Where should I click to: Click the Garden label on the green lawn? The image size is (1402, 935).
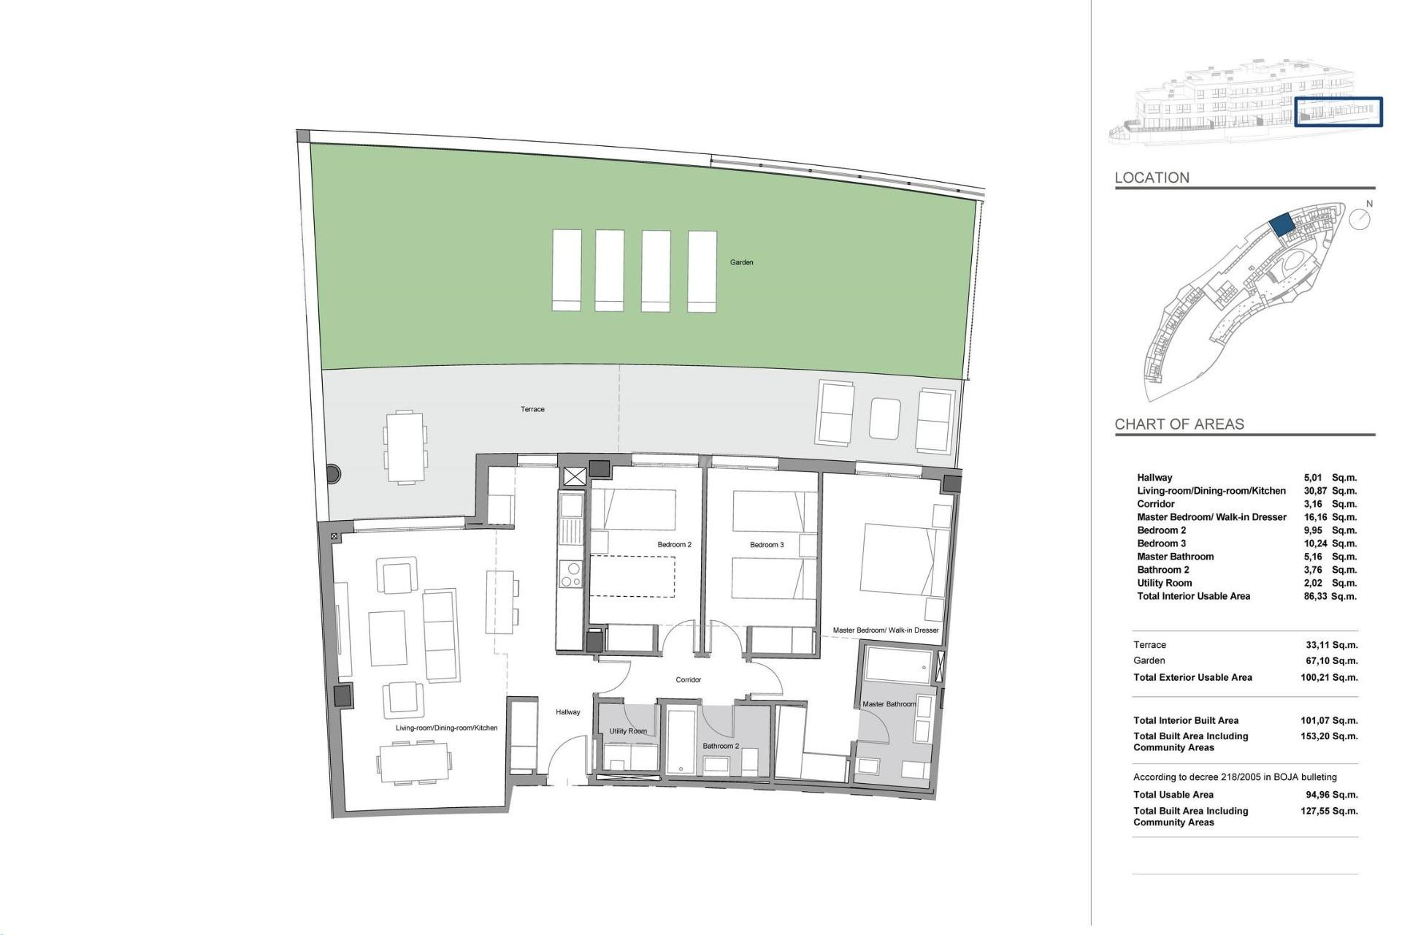click(741, 262)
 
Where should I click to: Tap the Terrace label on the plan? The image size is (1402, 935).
click(532, 409)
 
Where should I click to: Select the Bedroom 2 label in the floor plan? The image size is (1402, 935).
click(674, 544)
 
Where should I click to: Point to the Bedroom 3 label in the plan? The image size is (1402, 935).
click(767, 544)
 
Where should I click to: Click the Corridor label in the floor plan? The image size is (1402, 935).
click(688, 679)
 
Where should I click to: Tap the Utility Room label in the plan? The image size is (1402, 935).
click(628, 731)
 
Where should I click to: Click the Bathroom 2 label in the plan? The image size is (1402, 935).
click(721, 746)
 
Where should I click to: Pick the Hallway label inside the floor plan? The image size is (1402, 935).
click(567, 712)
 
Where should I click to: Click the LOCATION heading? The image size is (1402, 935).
click(1152, 178)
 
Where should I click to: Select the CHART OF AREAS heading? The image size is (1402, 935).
click(1179, 424)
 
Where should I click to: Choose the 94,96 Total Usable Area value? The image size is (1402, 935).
click(1317, 795)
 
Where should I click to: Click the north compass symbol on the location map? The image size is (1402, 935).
click(1359, 218)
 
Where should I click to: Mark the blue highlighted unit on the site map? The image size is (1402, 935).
click(1281, 224)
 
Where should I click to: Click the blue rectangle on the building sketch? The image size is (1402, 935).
click(1338, 112)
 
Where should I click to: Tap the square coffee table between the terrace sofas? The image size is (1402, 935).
click(885, 418)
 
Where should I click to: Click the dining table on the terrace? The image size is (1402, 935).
click(405, 446)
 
